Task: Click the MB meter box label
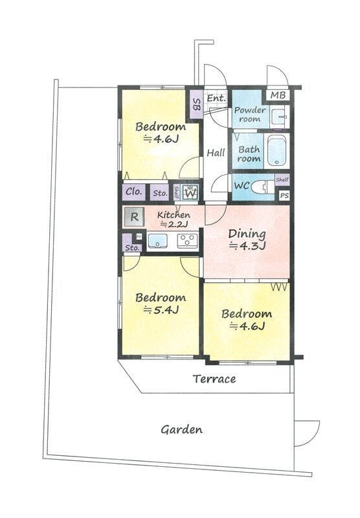(278, 95)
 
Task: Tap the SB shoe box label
(197, 105)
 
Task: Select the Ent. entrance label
(216, 98)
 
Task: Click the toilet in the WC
(263, 187)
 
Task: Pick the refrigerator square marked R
(134, 217)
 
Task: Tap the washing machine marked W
(190, 192)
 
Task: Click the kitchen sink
(157, 241)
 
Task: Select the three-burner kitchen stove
(188, 241)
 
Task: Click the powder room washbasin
(280, 117)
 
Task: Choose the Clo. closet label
(134, 192)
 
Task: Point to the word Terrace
(214, 379)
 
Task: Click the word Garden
(182, 429)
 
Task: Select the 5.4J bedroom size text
(161, 310)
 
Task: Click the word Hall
(216, 153)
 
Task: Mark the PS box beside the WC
(284, 196)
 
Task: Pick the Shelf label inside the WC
(282, 180)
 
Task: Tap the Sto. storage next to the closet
(160, 193)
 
